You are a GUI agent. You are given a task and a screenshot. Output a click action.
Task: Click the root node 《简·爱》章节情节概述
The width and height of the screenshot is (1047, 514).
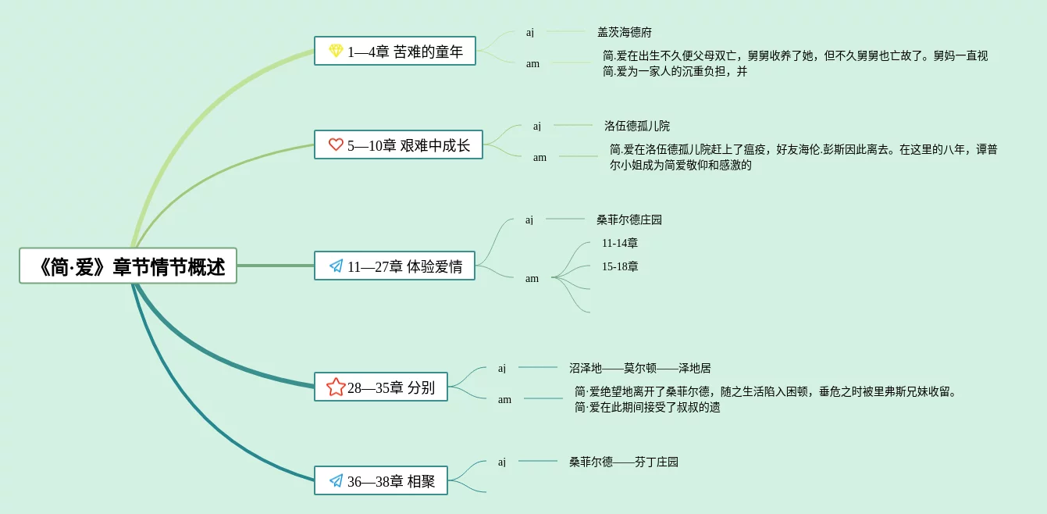point(128,266)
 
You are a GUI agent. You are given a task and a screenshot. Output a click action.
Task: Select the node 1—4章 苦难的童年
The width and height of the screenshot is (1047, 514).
point(394,52)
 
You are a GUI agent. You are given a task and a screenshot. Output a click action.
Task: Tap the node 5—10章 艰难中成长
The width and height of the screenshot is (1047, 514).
point(398,145)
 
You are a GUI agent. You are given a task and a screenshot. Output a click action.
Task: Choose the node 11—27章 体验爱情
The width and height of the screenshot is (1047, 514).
point(394,266)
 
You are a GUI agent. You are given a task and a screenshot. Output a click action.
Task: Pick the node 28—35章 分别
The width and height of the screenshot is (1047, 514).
point(381,387)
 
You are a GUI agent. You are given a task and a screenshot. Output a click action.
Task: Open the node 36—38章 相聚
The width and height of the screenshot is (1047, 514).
point(381,481)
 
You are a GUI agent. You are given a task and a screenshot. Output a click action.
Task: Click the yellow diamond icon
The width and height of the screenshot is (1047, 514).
point(336,52)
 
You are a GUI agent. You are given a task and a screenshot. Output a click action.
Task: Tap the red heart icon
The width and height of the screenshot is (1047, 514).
point(336,145)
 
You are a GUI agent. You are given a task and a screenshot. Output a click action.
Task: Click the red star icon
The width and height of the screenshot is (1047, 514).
point(336,387)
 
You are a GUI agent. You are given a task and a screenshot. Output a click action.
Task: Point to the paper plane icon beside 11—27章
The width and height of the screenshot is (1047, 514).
point(336,266)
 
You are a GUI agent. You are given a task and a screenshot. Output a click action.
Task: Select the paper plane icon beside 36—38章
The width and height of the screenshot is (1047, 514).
point(336,481)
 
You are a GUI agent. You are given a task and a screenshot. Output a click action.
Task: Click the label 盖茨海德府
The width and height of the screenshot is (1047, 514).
point(625,32)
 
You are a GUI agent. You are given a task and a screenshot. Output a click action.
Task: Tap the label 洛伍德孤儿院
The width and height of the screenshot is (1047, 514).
point(636,126)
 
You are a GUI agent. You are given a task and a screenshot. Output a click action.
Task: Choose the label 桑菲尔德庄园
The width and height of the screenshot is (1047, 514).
point(629,220)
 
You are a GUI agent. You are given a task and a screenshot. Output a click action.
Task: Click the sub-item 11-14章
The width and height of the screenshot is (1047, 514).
point(620,243)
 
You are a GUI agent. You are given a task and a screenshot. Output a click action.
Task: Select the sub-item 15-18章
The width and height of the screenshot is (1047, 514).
point(620,266)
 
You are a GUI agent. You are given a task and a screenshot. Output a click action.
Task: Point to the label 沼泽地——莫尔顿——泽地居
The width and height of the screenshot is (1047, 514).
point(639,368)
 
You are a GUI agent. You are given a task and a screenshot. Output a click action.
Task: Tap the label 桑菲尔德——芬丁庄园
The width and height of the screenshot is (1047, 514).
point(624,462)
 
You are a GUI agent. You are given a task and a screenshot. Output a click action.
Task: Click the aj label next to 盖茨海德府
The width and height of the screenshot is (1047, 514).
point(530,32)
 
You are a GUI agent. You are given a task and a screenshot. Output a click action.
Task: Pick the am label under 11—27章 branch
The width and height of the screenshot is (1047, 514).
point(532,278)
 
